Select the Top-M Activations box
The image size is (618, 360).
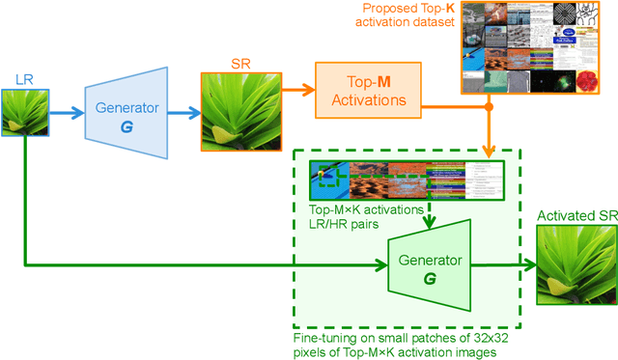click(x=372, y=90)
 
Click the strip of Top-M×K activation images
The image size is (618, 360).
click(x=406, y=180)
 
